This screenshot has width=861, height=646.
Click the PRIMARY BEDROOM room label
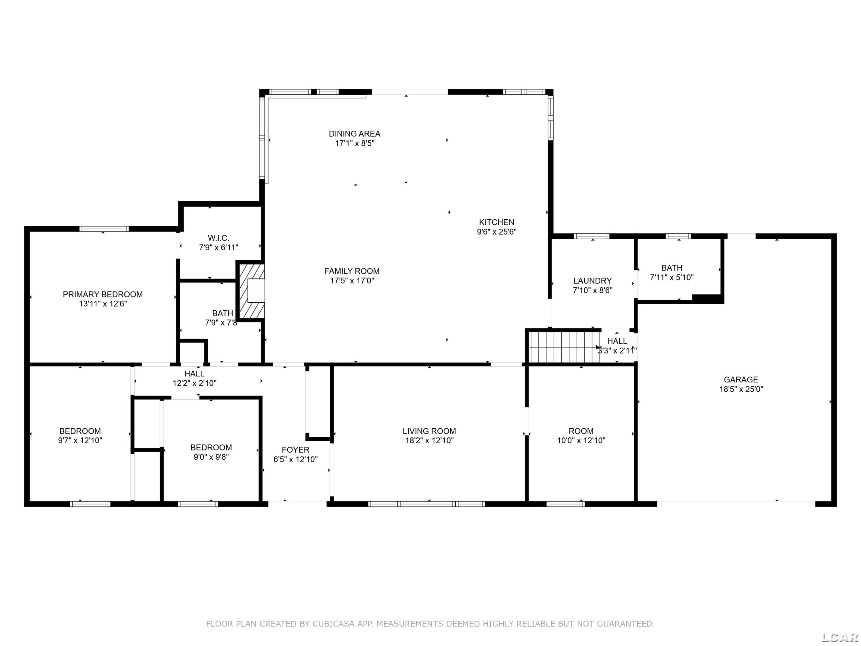[x=103, y=294]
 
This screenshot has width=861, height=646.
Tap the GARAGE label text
[x=741, y=380]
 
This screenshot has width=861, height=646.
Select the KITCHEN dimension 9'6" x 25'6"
[x=497, y=232]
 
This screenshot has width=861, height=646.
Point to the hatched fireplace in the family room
[x=251, y=291]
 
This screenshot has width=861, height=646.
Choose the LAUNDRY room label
[x=592, y=281]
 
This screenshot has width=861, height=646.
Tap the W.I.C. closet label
[x=218, y=238]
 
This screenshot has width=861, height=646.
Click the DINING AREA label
[x=355, y=134]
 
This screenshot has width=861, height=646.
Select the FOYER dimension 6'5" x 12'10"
[x=295, y=459]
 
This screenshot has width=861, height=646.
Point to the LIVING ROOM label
[x=429, y=431]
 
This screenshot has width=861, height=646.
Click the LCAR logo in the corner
[x=839, y=637]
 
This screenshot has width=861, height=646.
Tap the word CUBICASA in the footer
[x=333, y=624]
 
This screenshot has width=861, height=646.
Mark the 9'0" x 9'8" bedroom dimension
[x=211, y=457]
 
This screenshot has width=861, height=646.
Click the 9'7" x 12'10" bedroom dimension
[x=80, y=440]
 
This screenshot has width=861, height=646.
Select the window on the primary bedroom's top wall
[x=104, y=229]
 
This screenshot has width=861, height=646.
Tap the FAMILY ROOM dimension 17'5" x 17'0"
[x=352, y=280]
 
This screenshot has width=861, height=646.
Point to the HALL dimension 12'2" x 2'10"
[x=195, y=383]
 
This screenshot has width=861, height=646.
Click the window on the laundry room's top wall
[x=592, y=236]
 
